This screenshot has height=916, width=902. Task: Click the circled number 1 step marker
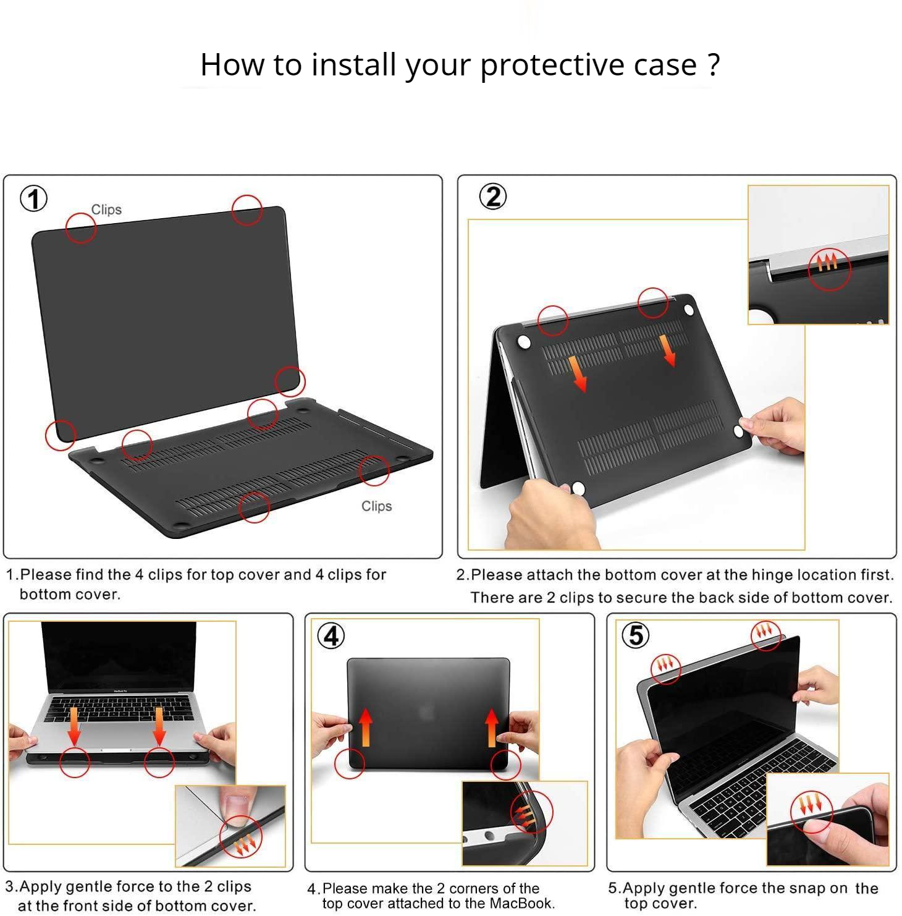(33, 199)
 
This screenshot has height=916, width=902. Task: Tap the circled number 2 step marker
(493, 197)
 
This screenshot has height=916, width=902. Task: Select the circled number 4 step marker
(331, 635)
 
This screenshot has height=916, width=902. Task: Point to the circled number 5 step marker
(636, 635)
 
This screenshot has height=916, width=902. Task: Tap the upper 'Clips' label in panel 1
(106, 210)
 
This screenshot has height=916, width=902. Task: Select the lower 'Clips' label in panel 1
(377, 506)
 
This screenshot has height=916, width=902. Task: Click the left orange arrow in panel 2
(577, 373)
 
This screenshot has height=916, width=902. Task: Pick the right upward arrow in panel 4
(492, 727)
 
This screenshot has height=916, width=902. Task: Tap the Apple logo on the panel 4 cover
(428, 713)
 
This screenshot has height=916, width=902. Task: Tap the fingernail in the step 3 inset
(236, 807)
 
